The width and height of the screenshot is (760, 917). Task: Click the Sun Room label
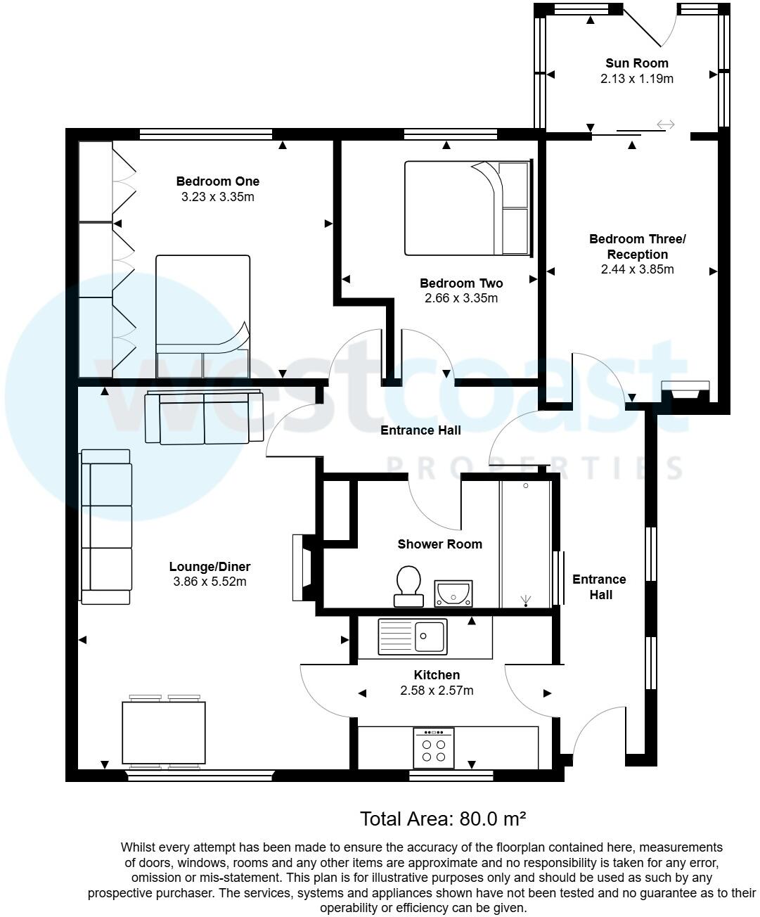click(x=637, y=63)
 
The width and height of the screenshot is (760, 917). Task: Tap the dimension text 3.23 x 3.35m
click(x=217, y=197)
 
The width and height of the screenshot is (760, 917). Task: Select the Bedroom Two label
click(x=461, y=283)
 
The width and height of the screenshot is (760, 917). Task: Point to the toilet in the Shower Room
click(x=408, y=586)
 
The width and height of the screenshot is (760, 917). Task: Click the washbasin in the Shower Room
click(x=453, y=593)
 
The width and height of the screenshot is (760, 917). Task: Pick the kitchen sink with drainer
click(x=413, y=636)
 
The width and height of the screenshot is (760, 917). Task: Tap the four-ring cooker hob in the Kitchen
click(x=434, y=748)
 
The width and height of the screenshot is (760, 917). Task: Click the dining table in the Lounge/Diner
click(x=164, y=732)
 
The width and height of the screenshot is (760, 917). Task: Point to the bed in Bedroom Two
click(x=467, y=207)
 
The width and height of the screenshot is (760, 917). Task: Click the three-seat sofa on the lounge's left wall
click(x=106, y=527)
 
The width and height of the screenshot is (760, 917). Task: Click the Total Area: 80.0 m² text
click(x=443, y=819)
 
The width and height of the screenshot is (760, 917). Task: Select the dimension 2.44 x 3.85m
click(x=637, y=269)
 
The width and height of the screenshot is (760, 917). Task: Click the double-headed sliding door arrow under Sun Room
click(x=665, y=125)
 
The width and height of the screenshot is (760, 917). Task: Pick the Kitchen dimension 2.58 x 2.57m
click(x=437, y=691)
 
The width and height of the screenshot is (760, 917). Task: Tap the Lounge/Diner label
click(x=210, y=567)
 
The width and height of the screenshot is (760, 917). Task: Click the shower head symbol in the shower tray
click(x=526, y=600)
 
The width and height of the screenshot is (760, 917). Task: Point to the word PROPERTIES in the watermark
click(x=534, y=468)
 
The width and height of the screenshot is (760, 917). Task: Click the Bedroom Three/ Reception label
click(x=637, y=246)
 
